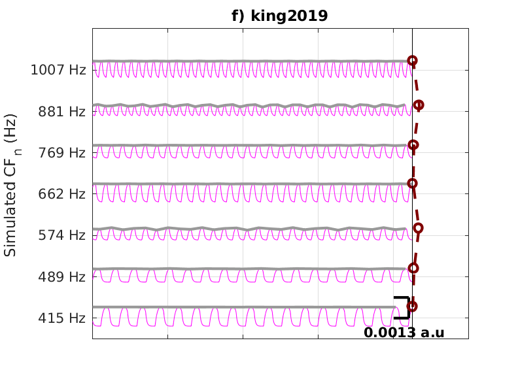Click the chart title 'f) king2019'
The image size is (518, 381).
(280, 16)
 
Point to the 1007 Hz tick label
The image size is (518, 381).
(58, 69)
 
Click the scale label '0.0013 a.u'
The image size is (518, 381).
(404, 333)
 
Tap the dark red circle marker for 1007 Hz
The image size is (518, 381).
(412, 61)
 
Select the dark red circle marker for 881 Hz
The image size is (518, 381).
(419, 105)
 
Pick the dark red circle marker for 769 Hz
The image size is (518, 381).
(413, 144)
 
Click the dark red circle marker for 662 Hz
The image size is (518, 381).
(412, 183)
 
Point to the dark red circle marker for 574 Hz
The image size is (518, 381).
(418, 228)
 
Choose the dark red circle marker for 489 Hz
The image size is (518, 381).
(413, 268)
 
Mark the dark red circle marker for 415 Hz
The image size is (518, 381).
(412, 306)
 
